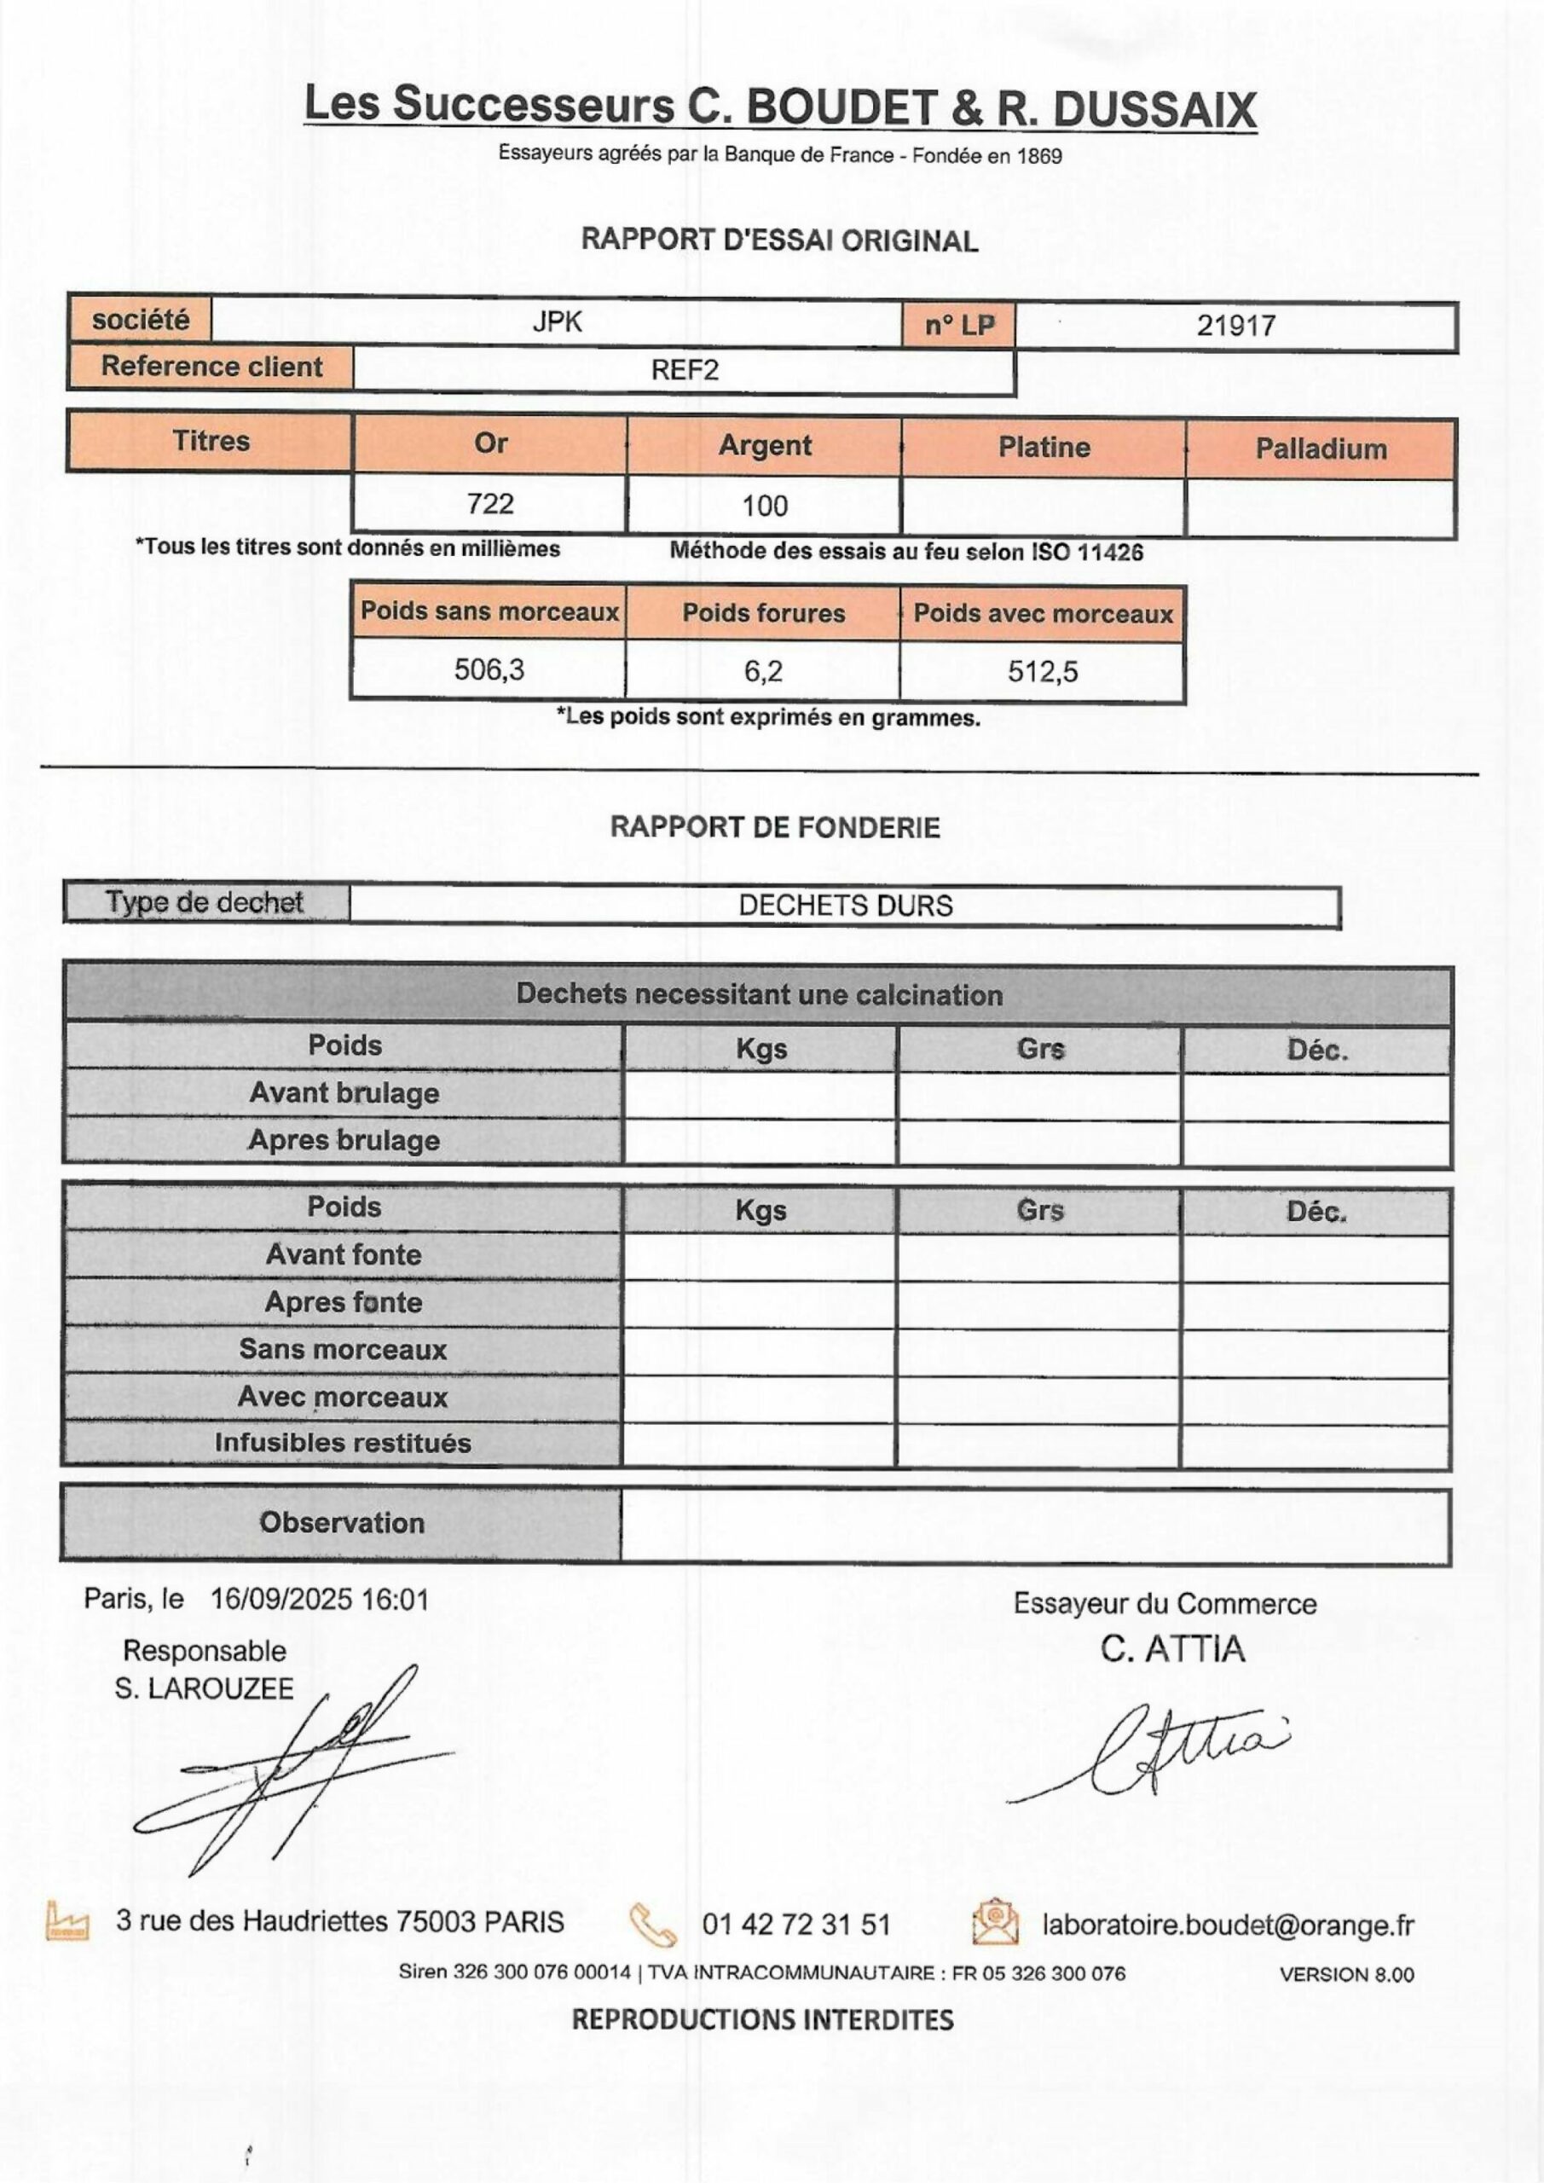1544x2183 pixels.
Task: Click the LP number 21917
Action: pyautogui.click(x=1235, y=325)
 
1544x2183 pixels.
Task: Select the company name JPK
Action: pyautogui.click(x=557, y=321)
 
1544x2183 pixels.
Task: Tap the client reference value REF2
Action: pyautogui.click(x=685, y=370)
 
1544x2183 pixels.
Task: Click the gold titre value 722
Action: pyautogui.click(x=489, y=503)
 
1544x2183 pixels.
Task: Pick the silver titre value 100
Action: pyautogui.click(x=765, y=505)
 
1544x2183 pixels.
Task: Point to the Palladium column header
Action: pyautogui.click(x=1321, y=449)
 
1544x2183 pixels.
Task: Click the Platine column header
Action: pyautogui.click(x=1044, y=447)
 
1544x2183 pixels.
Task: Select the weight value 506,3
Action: pyautogui.click(x=489, y=669)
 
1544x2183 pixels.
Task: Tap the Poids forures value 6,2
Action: pyautogui.click(x=762, y=671)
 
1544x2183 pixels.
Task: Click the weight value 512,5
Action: pyautogui.click(x=1043, y=672)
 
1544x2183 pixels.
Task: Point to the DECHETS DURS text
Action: pyautogui.click(x=845, y=905)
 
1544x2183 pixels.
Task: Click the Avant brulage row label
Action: pyautogui.click(x=344, y=1092)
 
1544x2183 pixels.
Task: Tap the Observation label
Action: pyautogui.click(x=341, y=1522)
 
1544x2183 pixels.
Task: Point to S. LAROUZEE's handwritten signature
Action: pyautogui.click(x=295, y=1769)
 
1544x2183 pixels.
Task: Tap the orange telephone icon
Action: pyautogui.click(x=653, y=1925)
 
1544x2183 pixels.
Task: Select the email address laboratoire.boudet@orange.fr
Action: pyautogui.click(x=1228, y=1925)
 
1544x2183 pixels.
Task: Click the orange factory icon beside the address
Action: pyautogui.click(x=67, y=1920)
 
